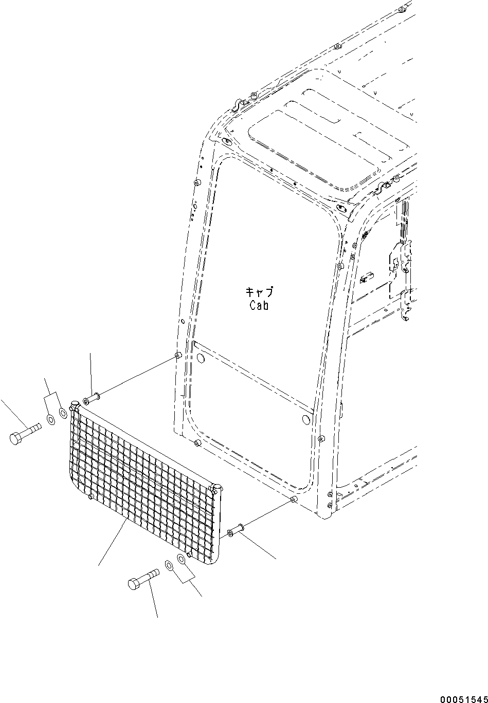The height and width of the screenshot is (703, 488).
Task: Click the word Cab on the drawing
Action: point(259,305)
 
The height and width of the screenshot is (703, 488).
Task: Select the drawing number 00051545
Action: point(463,698)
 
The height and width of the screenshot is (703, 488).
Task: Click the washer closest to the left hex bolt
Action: point(50,419)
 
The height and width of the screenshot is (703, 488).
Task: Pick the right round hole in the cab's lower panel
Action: point(306,420)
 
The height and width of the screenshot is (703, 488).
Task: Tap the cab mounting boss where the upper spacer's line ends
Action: point(178,355)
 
